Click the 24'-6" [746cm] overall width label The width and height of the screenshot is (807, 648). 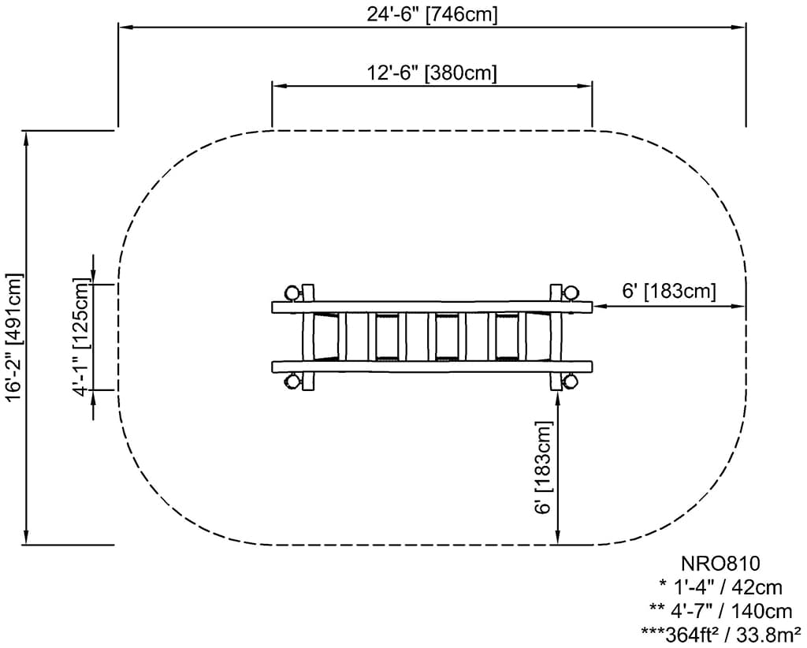point(432,14)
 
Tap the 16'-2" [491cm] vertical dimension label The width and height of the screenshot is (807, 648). point(15,337)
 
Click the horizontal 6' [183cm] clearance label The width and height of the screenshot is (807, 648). point(669,291)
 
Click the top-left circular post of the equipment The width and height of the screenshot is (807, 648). point(293,293)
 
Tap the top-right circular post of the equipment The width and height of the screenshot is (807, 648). point(571,293)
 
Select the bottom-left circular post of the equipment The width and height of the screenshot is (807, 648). point(293,382)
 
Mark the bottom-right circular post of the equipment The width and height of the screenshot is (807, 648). point(571,382)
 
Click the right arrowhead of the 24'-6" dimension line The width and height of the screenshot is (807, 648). point(741,27)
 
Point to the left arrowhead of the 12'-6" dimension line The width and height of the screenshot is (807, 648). point(277,85)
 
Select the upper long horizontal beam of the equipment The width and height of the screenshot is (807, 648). point(432,307)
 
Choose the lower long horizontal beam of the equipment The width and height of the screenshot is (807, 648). point(432,366)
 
